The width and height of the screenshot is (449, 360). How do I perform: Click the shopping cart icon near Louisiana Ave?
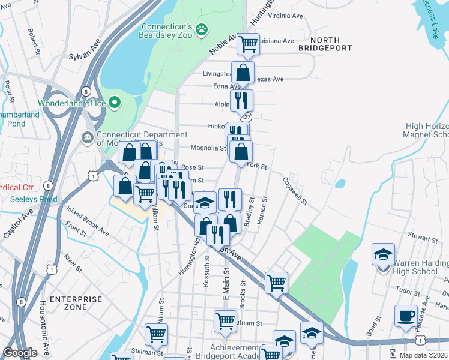tap(248, 43)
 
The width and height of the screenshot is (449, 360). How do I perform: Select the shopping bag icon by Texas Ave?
tap(243, 73)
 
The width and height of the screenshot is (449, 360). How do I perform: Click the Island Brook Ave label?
tap(88, 221)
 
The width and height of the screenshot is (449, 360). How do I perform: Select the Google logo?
tap(20, 353)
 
